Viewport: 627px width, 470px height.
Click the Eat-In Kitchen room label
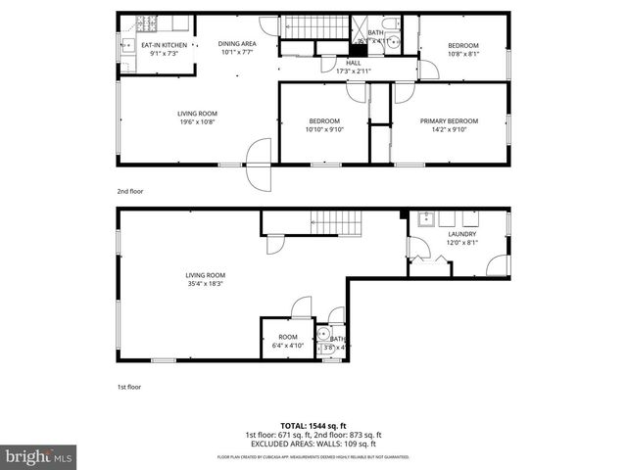[164, 45]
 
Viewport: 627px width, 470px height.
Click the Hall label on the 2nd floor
[353, 62]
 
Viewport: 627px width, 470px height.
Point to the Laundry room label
[462, 235]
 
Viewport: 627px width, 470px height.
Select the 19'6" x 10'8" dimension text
[196, 122]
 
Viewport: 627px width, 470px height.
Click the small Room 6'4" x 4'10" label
[286, 341]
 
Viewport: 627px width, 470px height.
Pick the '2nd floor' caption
[129, 191]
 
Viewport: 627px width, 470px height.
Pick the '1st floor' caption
[129, 387]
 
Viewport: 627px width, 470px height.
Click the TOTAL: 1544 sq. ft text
[313, 426]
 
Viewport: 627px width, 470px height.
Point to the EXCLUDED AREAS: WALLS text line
[313, 443]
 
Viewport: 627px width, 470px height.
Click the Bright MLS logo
[39, 457]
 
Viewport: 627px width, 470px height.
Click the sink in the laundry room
[425, 219]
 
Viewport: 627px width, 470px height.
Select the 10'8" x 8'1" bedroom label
[463, 50]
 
